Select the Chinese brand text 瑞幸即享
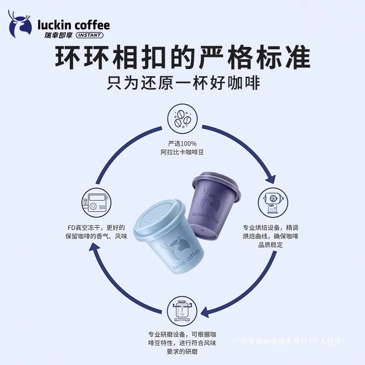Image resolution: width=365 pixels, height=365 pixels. (53, 36)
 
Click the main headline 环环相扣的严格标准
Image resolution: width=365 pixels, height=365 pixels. (182, 58)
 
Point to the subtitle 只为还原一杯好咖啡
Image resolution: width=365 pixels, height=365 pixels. (182, 84)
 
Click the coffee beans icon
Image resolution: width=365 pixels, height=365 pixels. (182, 117)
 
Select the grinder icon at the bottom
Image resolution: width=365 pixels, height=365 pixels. (182, 308)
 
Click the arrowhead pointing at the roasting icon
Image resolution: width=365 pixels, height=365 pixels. (272, 178)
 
